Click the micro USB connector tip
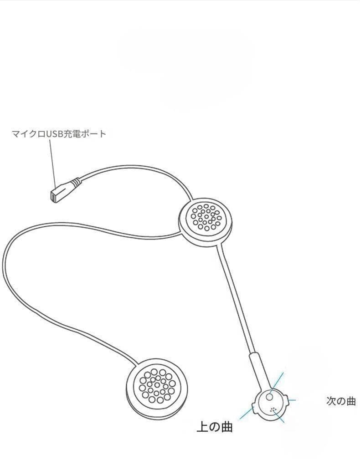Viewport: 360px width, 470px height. pos(53,196)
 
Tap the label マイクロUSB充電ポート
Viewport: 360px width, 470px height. pos(59,134)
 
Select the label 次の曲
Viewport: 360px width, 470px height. pos(340,401)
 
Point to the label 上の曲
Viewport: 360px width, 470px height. pos(214,427)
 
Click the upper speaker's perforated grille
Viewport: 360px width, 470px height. pos(206,217)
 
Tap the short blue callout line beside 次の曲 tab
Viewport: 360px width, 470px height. pos(292,400)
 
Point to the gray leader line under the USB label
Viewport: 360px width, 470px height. pos(52,162)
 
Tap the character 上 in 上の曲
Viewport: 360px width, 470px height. pos(202,427)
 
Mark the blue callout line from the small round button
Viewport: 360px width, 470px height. pos(278,380)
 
